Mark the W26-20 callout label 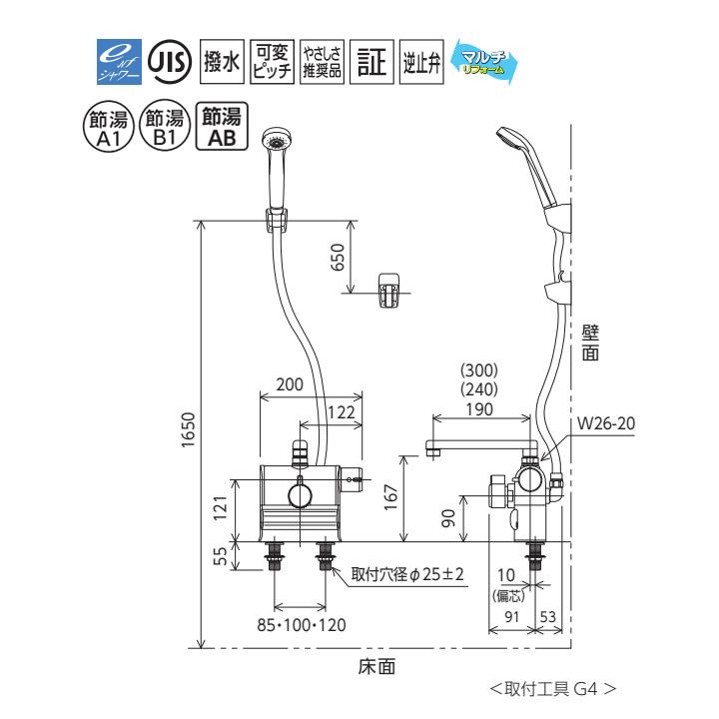tap(606, 423)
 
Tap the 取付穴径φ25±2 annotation tap(408, 576)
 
